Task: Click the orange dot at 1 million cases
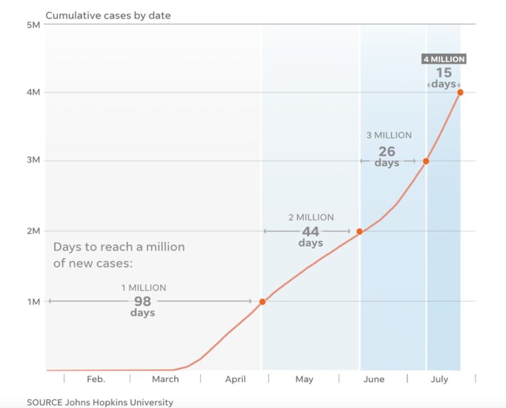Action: (x=262, y=302)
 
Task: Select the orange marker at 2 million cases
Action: (x=360, y=232)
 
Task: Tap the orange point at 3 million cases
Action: (x=426, y=161)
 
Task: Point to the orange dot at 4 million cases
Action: (x=460, y=92)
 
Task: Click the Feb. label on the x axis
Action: (x=96, y=379)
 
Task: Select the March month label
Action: (x=165, y=379)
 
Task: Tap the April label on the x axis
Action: (x=236, y=379)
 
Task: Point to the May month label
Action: (x=304, y=379)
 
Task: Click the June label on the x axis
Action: (x=374, y=379)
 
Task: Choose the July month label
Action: (x=440, y=379)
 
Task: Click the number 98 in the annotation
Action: (x=142, y=301)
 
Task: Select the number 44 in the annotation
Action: (x=310, y=232)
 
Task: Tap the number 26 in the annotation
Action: (x=387, y=151)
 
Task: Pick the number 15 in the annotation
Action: (x=444, y=72)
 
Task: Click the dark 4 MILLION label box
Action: (x=444, y=59)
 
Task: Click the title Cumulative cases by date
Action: (x=108, y=16)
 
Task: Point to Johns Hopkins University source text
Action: (x=120, y=402)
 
